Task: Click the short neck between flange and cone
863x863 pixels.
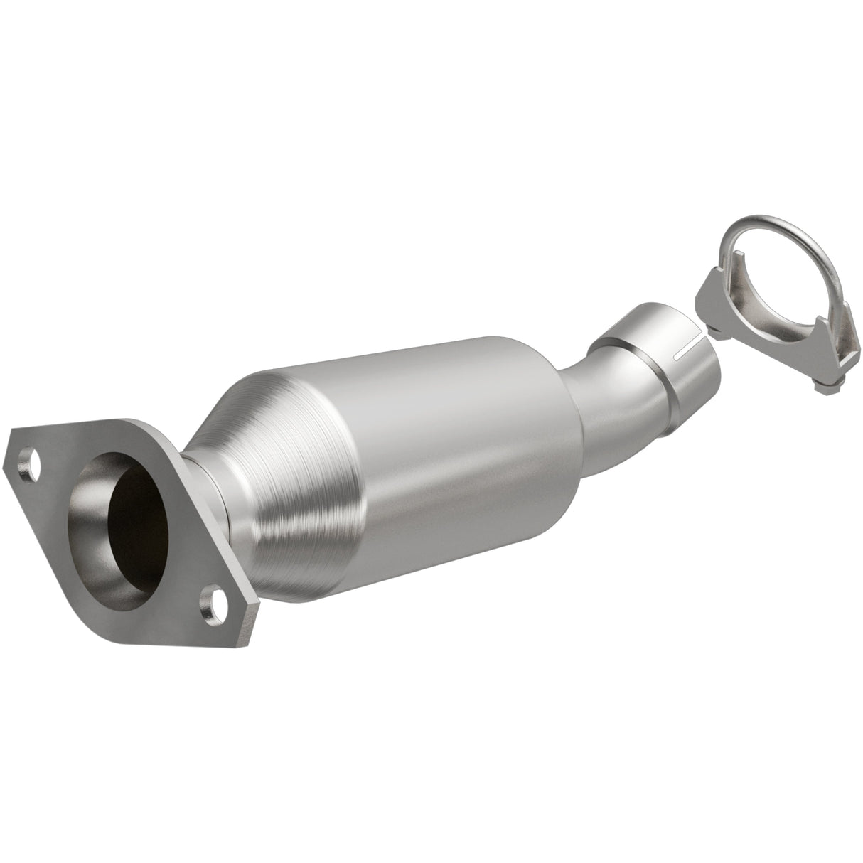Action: coord(206,483)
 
